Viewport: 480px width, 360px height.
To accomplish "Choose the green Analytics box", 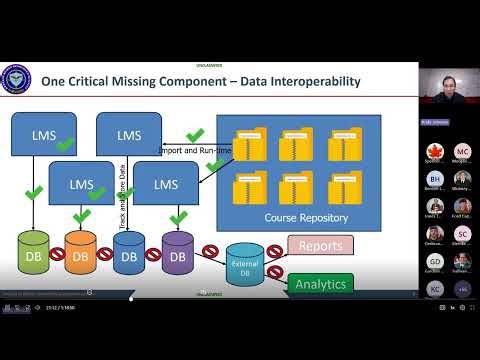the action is [320, 284].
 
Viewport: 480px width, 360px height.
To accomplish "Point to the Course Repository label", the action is [299, 216].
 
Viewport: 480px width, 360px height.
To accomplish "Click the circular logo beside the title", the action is [19, 81].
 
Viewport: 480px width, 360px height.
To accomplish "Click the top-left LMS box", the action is [43, 135].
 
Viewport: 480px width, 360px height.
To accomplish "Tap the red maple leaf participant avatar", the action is [434, 151].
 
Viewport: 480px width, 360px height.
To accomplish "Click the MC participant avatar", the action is [461, 151].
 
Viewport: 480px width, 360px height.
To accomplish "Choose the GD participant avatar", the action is [434, 261].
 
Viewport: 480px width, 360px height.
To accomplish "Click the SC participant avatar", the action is [461, 233].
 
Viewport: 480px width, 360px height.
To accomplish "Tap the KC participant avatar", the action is [434, 288].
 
